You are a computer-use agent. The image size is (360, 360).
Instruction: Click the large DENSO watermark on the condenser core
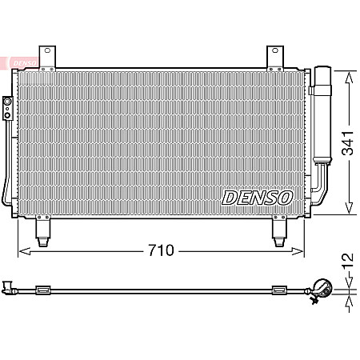(x=257, y=197)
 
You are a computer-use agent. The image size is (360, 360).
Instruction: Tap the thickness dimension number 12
(x=347, y=261)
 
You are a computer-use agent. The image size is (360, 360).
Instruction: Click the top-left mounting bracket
(x=50, y=57)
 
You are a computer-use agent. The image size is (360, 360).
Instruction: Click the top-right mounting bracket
(x=277, y=57)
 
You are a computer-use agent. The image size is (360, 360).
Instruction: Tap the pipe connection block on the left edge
(x=7, y=107)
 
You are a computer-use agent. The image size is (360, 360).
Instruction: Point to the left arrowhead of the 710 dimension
(x=22, y=250)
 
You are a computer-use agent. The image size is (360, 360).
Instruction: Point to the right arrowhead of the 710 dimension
(x=302, y=250)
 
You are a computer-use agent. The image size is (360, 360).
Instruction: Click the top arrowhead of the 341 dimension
(x=348, y=74)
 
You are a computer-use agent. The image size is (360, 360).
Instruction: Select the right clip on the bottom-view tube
(x=279, y=289)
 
